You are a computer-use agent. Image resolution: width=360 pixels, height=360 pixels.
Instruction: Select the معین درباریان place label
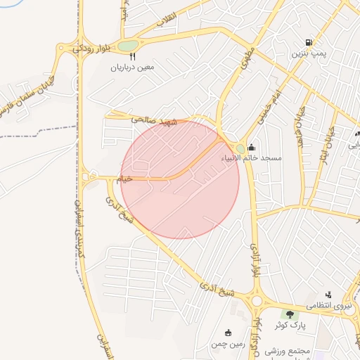click(x=131, y=68)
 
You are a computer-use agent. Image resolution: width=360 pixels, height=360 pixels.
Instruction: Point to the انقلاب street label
click(x=167, y=20)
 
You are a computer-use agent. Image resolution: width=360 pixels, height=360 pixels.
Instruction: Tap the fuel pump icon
click(x=308, y=43)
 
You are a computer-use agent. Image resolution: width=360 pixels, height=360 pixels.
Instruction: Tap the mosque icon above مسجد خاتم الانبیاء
click(x=252, y=148)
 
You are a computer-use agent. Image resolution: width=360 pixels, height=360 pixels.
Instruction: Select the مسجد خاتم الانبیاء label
click(x=252, y=158)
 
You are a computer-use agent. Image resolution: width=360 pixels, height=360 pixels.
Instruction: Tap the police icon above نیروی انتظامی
click(x=328, y=295)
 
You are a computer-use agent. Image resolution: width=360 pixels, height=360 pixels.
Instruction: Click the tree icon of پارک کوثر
click(x=288, y=314)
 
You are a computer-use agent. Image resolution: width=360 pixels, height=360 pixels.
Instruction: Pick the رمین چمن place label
click(x=226, y=344)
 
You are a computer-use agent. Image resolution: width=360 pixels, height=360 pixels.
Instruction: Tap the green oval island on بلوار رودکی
click(x=127, y=46)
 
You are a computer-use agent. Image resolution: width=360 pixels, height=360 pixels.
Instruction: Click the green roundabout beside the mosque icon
click(x=240, y=148)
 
